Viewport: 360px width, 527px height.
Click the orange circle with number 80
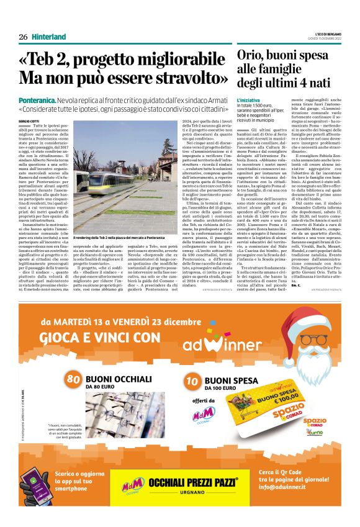[x=74, y=379]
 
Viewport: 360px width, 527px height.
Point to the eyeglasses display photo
[x=120, y=416]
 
